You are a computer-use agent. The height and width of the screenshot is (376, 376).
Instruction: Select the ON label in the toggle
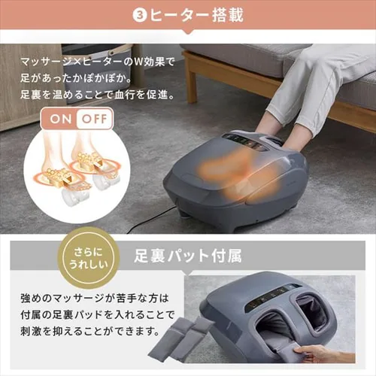[62, 118]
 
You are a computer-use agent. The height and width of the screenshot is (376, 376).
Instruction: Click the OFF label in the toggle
[94, 118]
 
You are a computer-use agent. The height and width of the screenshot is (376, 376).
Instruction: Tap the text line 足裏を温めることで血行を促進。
[88, 96]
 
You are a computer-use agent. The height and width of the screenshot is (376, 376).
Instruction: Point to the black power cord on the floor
[150, 220]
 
